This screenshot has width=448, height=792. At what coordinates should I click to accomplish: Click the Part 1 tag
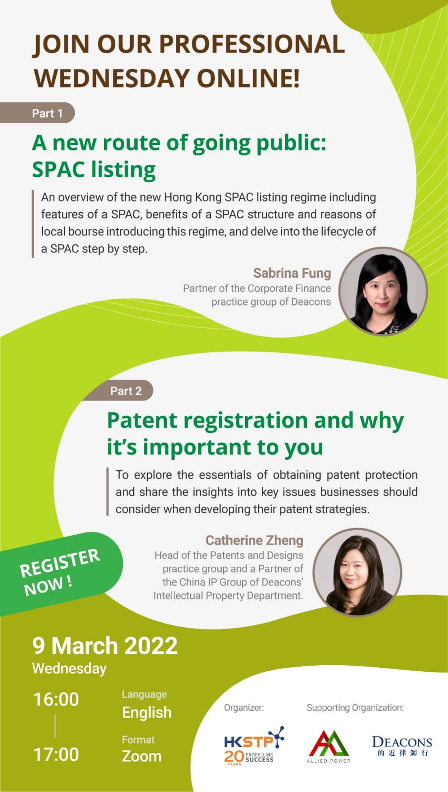click(x=37, y=113)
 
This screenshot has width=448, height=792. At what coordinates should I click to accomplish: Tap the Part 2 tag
click(x=118, y=391)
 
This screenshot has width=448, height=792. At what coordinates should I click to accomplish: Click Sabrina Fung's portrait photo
click(x=383, y=292)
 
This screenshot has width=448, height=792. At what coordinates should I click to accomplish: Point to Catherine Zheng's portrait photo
click(x=357, y=572)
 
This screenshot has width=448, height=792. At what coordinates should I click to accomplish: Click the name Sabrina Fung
click(x=292, y=273)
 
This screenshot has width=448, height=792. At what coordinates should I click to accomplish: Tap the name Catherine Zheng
click(x=254, y=540)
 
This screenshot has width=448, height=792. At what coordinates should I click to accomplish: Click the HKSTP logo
click(x=254, y=745)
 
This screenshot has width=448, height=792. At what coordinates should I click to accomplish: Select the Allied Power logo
click(x=329, y=746)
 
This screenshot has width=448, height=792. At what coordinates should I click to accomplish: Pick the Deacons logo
click(x=402, y=745)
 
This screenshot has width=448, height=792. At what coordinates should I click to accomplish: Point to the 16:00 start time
click(x=56, y=699)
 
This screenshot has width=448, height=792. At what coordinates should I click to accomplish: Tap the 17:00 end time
click(x=56, y=754)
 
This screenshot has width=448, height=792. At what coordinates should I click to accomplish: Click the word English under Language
click(x=147, y=712)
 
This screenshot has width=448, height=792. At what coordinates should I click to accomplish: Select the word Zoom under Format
click(x=142, y=756)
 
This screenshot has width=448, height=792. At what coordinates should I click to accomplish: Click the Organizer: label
click(x=244, y=707)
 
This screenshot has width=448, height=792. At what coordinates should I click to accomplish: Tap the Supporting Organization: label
click(x=355, y=707)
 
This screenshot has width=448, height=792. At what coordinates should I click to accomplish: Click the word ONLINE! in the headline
click(x=248, y=78)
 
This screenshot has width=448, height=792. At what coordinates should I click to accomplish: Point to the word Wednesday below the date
click(x=69, y=669)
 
